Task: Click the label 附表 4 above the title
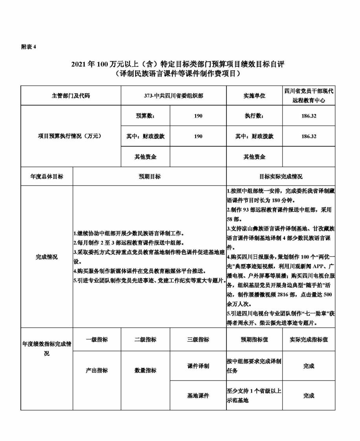pos(28,47)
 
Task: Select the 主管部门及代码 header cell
pos(71,96)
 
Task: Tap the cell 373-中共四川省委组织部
pos(173,96)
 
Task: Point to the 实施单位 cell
pos(254,96)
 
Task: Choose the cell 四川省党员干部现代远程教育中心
pos(309,96)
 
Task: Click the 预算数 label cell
pos(145,116)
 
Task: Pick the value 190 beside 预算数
pos(198,116)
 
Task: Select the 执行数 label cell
pos(254,116)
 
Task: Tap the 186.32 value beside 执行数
pos(309,116)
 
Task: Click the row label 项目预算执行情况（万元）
pos(71,136)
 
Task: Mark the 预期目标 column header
pos(149,176)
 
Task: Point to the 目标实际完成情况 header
pos(281,176)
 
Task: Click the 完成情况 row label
pos(46,257)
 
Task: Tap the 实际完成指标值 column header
pos(309,339)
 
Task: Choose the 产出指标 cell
pos(97,370)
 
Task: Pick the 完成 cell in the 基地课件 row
pos(309,395)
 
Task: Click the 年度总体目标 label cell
pos(46,176)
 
